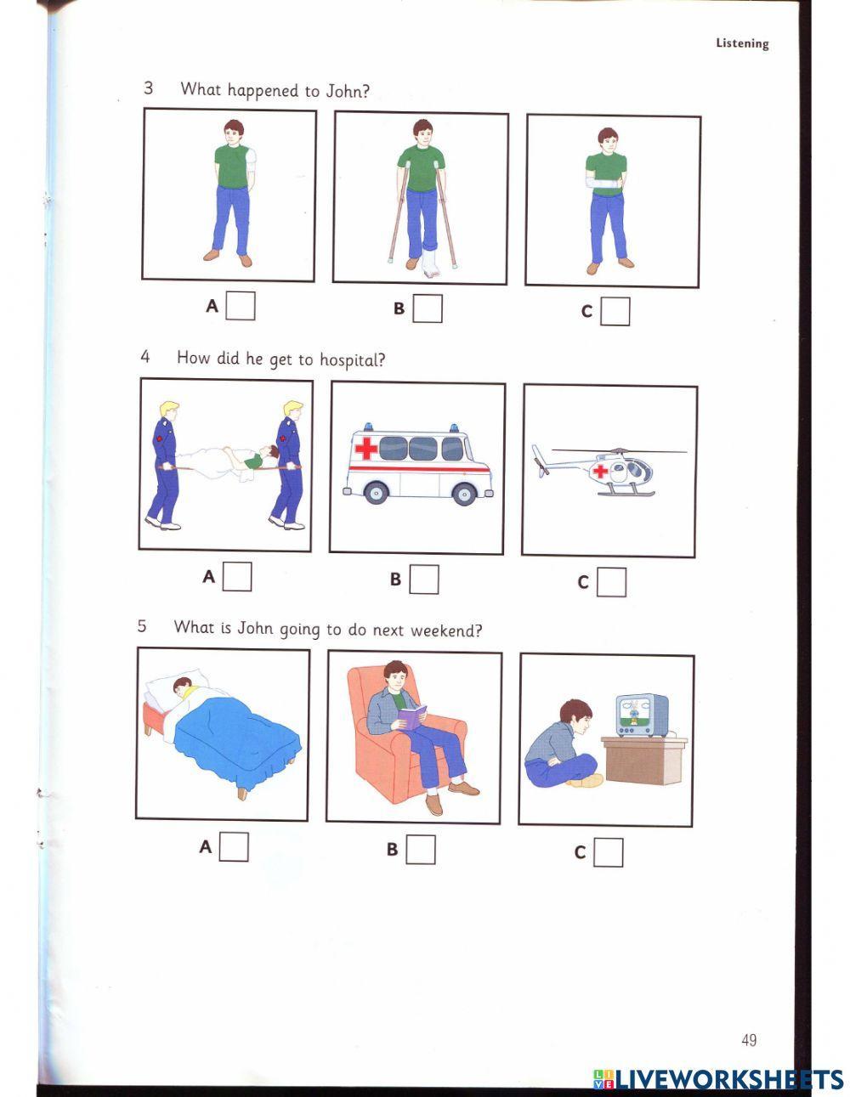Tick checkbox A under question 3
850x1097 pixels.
(x=241, y=306)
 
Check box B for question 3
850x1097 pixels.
(x=428, y=308)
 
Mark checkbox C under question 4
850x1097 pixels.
(x=611, y=582)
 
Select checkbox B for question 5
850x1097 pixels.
(x=420, y=849)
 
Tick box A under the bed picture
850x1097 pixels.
(x=234, y=846)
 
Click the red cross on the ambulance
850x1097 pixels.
(x=365, y=448)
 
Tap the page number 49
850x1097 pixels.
(x=749, y=1040)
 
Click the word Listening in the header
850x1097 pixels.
(x=742, y=43)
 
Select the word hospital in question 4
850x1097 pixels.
(x=352, y=360)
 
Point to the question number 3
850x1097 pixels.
(x=149, y=88)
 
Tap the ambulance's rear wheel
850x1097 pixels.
(x=463, y=494)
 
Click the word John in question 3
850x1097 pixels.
(x=345, y=91)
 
